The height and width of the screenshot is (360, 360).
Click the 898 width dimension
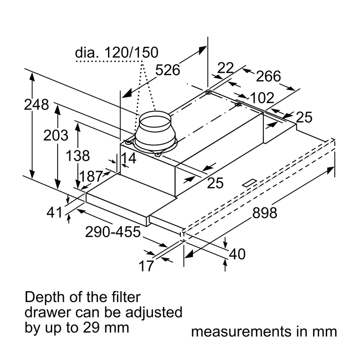pos(265,213)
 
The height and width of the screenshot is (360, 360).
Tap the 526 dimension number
pos(167,70)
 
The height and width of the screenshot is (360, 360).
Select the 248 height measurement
pos(36,104)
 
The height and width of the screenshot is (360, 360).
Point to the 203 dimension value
pos(56,135)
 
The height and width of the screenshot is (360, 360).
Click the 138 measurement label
pos(77,155)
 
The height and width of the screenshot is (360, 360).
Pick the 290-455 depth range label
pos(113,232)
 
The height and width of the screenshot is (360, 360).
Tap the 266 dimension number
pos(268,76)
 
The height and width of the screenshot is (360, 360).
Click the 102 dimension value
pos(262,98)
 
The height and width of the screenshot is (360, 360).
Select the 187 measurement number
pos(91,176)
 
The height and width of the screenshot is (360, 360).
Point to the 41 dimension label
pos(54,212)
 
